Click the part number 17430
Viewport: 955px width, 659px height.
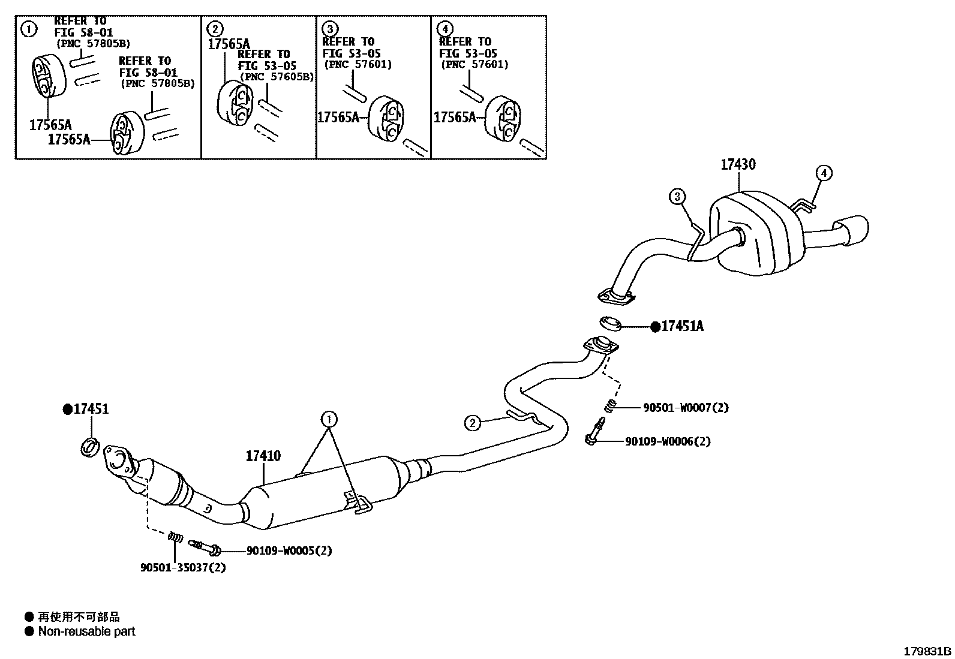click(738, 164)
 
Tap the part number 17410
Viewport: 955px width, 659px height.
click(263, 456)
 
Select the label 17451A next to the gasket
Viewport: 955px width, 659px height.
click(682, 326)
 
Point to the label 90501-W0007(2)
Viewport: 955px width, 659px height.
click(686, 408)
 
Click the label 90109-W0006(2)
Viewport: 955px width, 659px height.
click(668, 441)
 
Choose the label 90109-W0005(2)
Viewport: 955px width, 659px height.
click(289, 550)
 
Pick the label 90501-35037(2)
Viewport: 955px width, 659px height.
click(183, 567)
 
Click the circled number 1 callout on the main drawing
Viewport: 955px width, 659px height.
click(329, 419)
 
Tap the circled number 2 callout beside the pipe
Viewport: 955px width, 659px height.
click(473, 423)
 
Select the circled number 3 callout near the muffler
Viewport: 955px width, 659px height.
click(677, 196)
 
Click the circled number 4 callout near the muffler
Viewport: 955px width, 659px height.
click(824, 173)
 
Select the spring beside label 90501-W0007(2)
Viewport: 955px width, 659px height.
click(610, 405)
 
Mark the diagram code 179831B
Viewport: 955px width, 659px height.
click(927, 651)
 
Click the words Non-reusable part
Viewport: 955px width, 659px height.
click(86, 631)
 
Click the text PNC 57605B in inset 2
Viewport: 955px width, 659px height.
click(278, 77)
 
